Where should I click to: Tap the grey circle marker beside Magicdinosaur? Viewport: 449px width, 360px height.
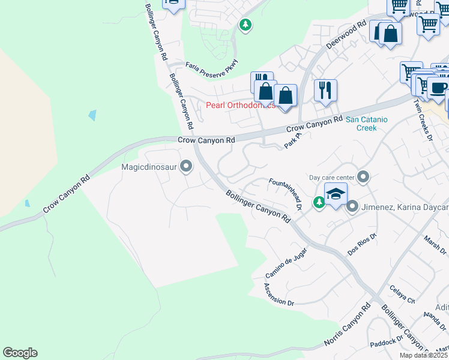[x=186, y=166]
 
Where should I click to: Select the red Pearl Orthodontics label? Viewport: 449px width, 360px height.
[x=240, y=105]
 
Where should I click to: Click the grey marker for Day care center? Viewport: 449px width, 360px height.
[x=363, y=177]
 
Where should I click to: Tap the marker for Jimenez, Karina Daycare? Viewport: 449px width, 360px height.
[x=352, y=207]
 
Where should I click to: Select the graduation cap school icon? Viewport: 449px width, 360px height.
[x=336, y=194]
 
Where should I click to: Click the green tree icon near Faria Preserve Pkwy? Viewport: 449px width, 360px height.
[x=245, y=25]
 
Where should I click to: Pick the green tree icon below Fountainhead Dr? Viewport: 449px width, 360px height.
[x=319, y=203]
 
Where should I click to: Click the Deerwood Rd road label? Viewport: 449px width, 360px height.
[x=346, y=37]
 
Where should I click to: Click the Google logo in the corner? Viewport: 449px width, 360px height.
[x=20, y=353]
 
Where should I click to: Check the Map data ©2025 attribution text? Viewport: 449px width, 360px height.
[x=423, y=355]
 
